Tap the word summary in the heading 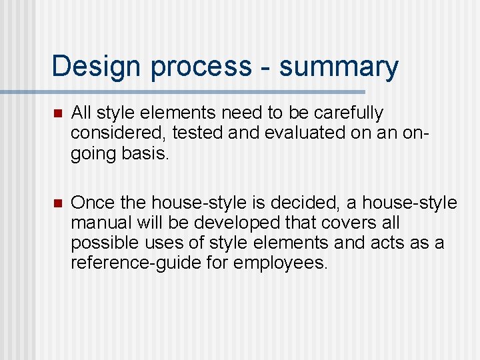click(x=339, y=67)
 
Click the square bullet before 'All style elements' click(x=57, y=113)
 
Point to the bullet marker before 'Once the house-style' click(x=57, y=203)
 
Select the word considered click(x=119, y=133)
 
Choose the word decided click(x=308, y=202)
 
